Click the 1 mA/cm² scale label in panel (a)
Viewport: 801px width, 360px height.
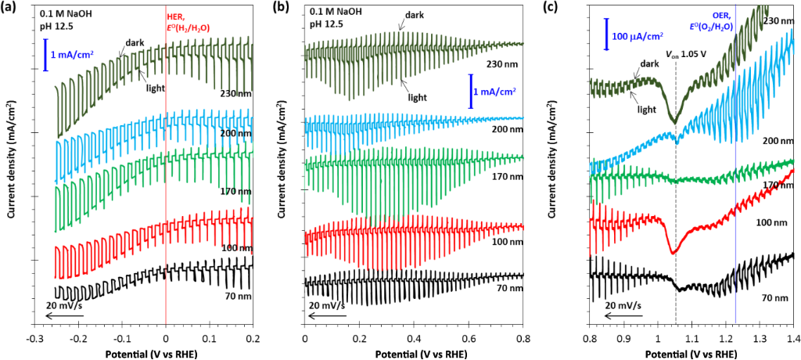point(74,56)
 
